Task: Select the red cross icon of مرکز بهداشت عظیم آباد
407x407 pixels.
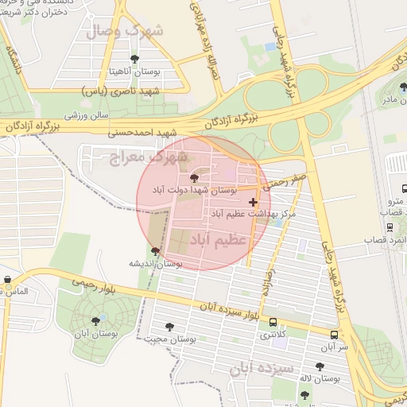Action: (x=254, y=203)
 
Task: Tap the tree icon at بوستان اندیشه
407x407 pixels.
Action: (x=155, y=251)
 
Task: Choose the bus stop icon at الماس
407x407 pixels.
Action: (x=7, y=280)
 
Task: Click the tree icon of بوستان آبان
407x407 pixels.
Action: (x=96, y=321)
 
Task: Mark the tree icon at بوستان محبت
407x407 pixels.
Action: (x=169, y=326)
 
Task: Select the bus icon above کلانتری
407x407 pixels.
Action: (x=273, y=323)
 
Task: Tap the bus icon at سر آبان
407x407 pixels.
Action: (x=334, y=335)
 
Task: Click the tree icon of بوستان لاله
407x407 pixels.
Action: (x=320, y=366)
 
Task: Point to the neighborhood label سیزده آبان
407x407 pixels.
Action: (x=262, y=370)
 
